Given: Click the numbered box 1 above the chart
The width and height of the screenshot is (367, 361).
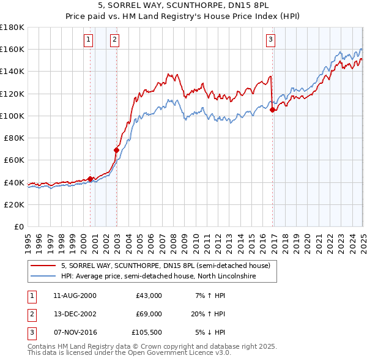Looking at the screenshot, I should pyautogui.click(x=89, y=40).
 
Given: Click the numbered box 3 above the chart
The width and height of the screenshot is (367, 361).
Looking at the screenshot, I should pyautogui.click(x=270, y=40).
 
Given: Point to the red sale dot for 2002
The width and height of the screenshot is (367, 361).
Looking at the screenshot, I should pyautogui.click(x=116, y=149).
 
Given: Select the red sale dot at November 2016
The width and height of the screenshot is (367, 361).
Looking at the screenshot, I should pyautogui.click(x=272, y=110).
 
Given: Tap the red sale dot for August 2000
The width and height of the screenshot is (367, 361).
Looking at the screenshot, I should pyautogui.click(x=91, y=179).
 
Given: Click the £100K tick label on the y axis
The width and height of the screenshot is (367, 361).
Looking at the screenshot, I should pyautogui.click(x=12, y=116).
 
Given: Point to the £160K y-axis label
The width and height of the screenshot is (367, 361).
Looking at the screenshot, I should pyautogui.click(x=12, y=49).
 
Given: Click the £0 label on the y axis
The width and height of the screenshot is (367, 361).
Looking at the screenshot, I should pyautogui.click(x=18, y=226).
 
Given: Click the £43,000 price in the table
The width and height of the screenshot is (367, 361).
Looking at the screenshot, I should pyautogui.click(x=148, y=296).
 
